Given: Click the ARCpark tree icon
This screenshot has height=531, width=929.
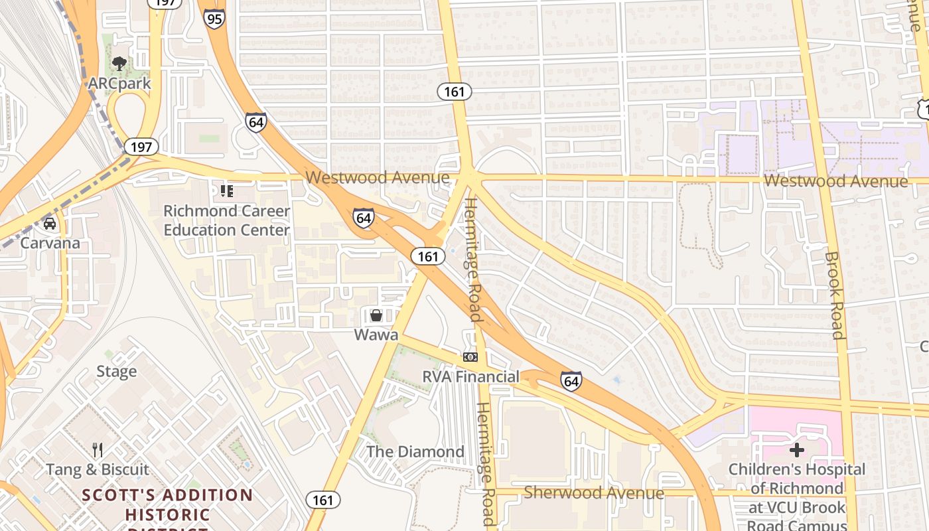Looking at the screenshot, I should point(119,64).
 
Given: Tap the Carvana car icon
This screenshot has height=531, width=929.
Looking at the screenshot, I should point(50,224).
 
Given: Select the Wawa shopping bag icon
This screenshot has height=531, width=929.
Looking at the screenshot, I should point(376,315).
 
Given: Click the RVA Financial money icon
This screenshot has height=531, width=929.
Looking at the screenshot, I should point(470,357).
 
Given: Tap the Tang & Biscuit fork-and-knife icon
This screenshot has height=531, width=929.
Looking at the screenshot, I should point(98,450).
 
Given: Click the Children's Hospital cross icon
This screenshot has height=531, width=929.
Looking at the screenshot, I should point(796,450).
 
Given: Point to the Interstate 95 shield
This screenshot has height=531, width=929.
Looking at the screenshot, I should point(214,19).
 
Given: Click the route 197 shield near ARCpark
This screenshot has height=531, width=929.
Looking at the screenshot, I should point(141,147).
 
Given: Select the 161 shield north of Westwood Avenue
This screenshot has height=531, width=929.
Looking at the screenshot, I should point(455,92).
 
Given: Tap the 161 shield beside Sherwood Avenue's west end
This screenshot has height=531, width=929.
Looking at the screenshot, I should point(323,500).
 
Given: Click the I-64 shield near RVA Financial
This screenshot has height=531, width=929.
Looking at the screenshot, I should point(571,381).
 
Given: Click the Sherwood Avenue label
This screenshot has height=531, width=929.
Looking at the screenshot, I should point(593,493).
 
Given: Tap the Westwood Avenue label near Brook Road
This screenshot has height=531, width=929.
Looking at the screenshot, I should point(835,181).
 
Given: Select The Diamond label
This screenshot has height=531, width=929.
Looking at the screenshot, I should point(415,452).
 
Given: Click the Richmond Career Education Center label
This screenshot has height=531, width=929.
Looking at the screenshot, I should point(226,220).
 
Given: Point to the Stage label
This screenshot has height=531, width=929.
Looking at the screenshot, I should point(116,372).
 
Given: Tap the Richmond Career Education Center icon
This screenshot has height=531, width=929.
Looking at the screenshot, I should point(226,192).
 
